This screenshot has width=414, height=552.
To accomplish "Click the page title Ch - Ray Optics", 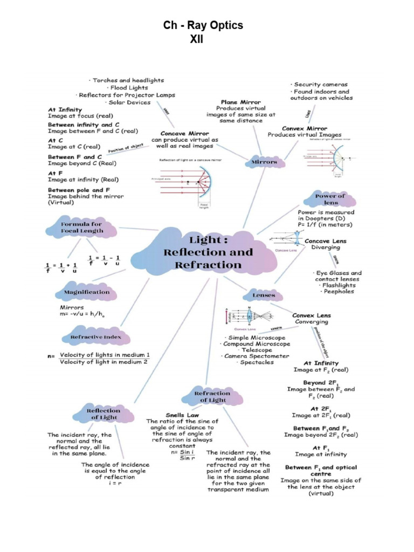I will tap(203, 25).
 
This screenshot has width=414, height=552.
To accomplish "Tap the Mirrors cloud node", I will tap(264, 162).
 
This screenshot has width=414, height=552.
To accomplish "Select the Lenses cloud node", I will tap(264, 295).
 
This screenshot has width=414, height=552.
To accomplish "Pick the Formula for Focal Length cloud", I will tap(81, 227).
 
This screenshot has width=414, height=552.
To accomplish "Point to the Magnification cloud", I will tap(86, 292).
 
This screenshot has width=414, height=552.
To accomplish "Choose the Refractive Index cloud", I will tap(92, 337).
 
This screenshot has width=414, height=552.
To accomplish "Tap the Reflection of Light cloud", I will tap(103, 414).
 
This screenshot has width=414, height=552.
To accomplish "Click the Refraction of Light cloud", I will tap(212, 396).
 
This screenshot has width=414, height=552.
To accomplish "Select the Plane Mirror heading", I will tap(240, 102).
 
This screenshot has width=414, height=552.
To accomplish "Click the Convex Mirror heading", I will tap(305, 128).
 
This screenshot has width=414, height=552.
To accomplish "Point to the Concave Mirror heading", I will tap(184, 133).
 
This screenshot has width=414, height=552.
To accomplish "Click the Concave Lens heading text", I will tap(326, 241).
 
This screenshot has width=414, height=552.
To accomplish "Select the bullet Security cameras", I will tap(320, 85).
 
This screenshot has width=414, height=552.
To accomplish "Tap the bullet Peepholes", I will tap(337, 291).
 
